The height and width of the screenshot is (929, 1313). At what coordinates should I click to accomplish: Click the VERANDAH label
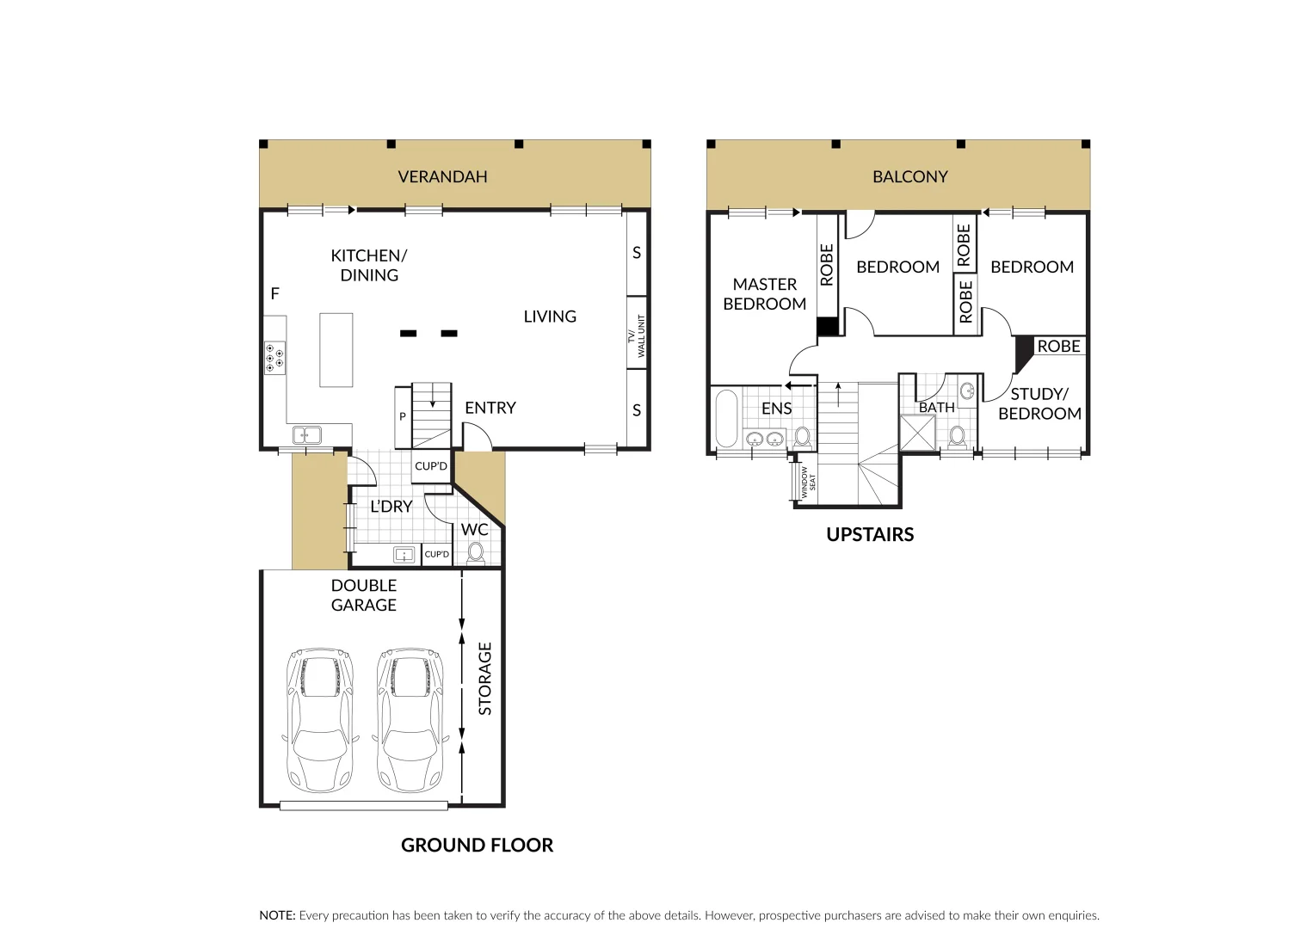click(442, 177)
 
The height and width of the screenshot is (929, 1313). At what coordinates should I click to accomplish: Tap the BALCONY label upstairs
click(909, 177)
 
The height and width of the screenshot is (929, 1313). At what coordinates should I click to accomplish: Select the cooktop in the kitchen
click(275, 357)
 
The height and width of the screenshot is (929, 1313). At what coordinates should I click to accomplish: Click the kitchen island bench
click(336, 349)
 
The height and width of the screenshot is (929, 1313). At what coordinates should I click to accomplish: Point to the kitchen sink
click(306, 435)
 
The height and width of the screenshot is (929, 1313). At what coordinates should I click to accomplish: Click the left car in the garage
click(318, 719)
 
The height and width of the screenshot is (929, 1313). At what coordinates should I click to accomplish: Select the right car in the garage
click(410, 719)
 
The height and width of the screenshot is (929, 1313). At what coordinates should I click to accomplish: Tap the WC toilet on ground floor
click(475, 551)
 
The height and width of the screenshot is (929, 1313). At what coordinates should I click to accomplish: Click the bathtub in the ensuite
click(726, 419)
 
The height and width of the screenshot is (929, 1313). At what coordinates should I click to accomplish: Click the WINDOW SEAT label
click(806, 483)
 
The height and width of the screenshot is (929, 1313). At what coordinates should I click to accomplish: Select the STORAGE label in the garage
click(485, 679)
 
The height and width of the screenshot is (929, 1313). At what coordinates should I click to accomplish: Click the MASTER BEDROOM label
click(764, 294)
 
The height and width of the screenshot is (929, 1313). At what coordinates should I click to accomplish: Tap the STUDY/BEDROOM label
click(1039, 404)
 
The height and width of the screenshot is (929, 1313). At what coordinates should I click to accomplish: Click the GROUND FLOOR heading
click(477, 846)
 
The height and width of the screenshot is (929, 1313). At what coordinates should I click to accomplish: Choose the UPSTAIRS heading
click(869, 535)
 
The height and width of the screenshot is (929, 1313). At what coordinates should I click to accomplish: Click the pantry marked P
click(403, 417)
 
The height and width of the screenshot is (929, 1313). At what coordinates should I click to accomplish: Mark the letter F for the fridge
click(275, 294)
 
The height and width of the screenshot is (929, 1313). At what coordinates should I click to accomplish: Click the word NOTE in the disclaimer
click(277, 916)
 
